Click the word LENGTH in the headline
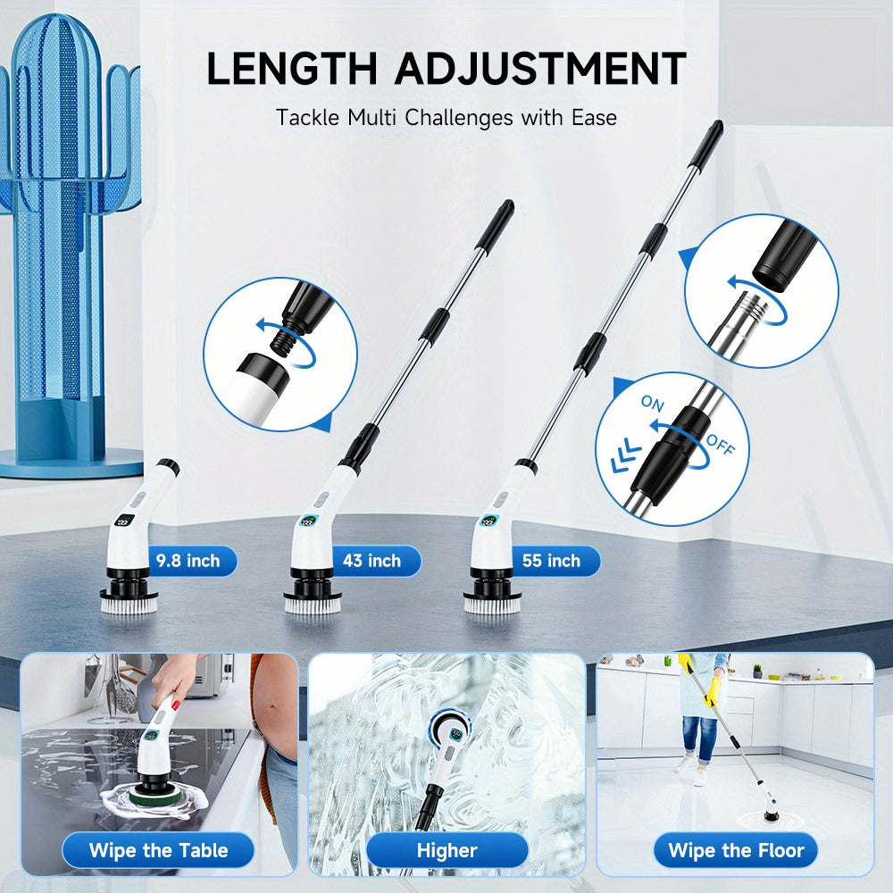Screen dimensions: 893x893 pyautogui.click(x=292, y=69)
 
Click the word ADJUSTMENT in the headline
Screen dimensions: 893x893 pyautogui.click(x=540, y=69)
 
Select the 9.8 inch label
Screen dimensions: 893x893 pyautogui.click(x=188, y=561)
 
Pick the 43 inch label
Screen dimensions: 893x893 pyautogui.click(x=371, y=561)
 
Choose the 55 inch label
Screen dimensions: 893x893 pyautogui.click(x=551, y=561)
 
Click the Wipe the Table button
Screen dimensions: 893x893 pyautogui.click(x=158, y=850)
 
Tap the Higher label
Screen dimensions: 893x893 pyautogui.click(x=447, y=850)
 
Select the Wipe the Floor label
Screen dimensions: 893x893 pyautogui.click(x=736, y=850)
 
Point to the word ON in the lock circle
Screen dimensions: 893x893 pyautogui.click(x=653, y=404)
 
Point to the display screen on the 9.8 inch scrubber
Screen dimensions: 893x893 pyautogui.click(x=124, y=520)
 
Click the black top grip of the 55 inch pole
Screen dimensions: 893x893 pyautogui.click(x=708, y=144)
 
